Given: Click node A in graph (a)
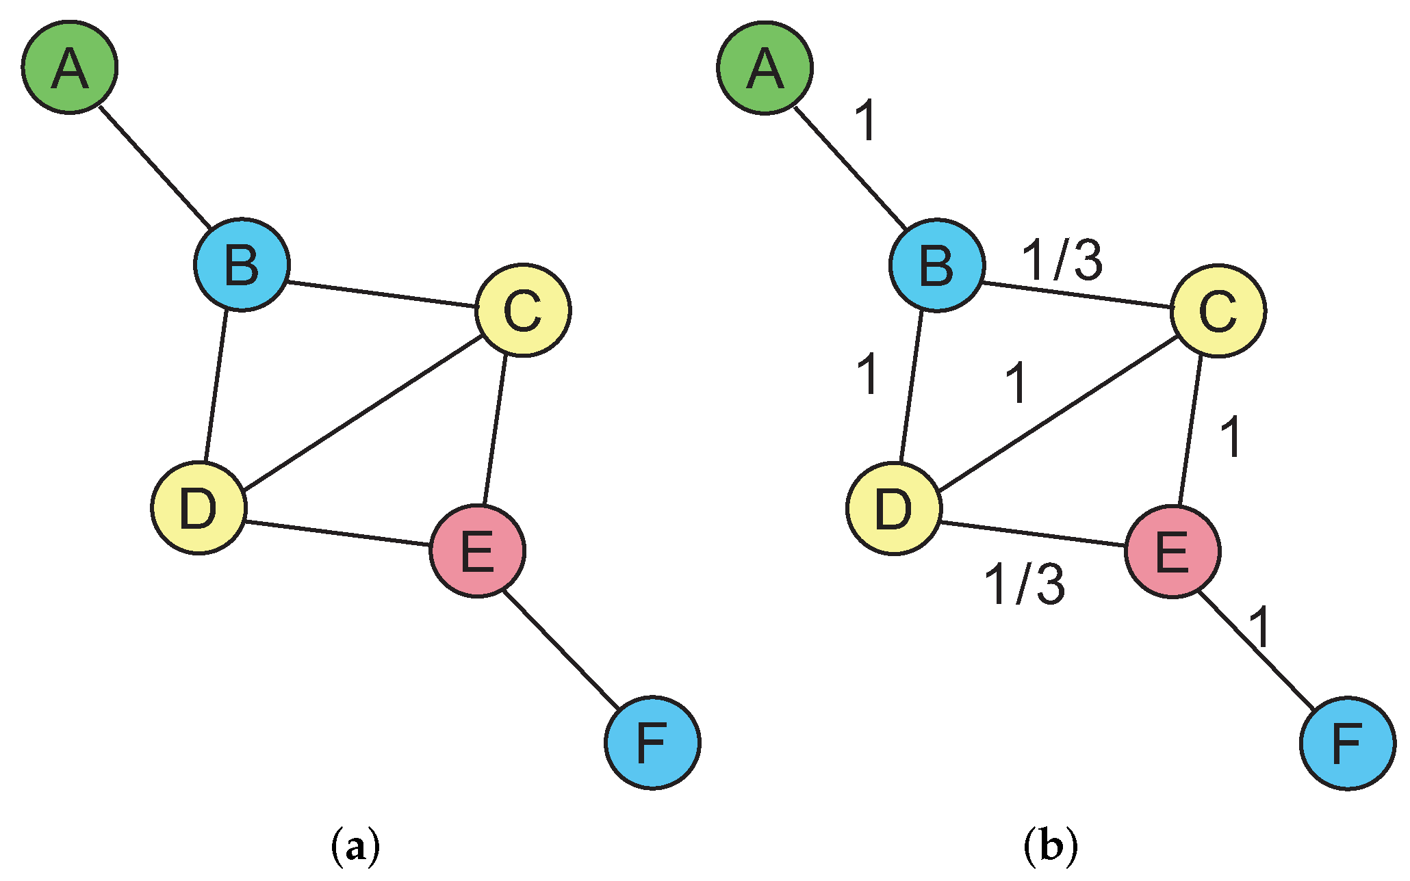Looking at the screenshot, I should point(70,67).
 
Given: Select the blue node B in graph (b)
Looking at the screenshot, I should point(937,265).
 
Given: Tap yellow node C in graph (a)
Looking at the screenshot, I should point(523,310).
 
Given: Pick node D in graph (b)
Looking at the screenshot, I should point(894,508).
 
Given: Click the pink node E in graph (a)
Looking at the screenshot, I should point(478,551).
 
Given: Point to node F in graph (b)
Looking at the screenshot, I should point(1348,744).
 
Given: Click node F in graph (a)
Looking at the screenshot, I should point(652,743).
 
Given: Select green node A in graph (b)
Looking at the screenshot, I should point(765,67).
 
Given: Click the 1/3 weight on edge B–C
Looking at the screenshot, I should point(1062,261).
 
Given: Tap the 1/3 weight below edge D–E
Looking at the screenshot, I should point(1025,584).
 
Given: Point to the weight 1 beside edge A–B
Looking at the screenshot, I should point(867,121).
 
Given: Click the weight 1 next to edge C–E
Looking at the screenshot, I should point(1231,437).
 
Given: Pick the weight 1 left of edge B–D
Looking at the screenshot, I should point(869,375).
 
